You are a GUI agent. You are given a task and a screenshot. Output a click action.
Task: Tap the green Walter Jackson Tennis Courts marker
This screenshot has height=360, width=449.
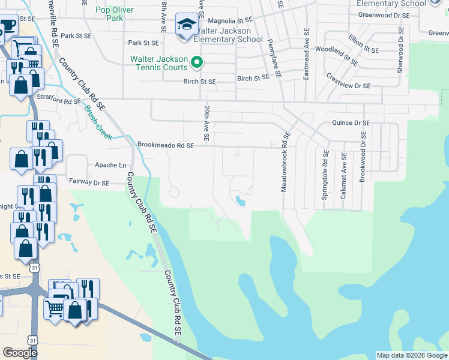click(196, 62)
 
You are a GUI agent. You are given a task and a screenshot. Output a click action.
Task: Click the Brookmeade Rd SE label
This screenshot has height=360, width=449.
click(166, 145)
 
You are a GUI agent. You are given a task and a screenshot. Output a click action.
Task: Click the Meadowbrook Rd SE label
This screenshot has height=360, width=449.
click(285, 163)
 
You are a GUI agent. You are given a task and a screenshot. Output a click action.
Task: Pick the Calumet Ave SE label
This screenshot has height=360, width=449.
click(345, 174)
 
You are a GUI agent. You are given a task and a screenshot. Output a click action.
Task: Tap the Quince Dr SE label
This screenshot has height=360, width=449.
click(351, 123)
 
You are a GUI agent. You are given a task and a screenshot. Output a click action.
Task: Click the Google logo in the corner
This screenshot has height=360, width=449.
click(20, 353)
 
